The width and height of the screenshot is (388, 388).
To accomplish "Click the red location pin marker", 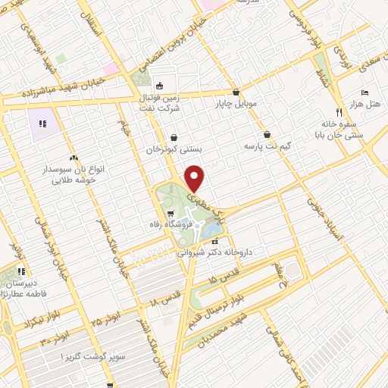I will (196, 179).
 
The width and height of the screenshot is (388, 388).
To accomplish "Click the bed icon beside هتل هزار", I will (365, 92).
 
